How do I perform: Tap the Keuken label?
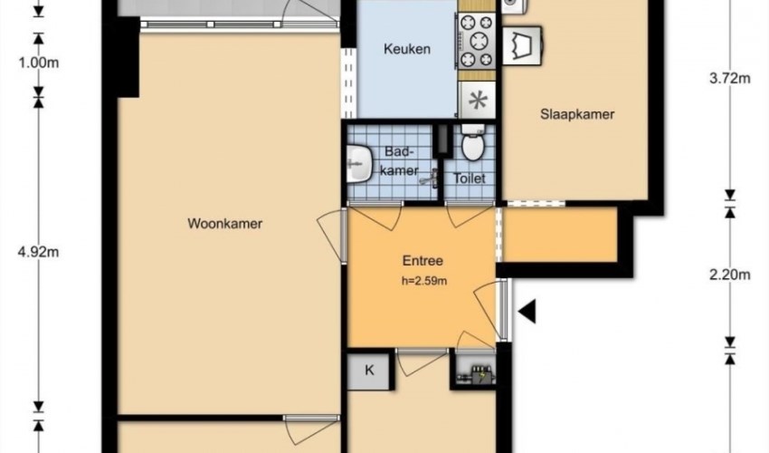pyautogui.click(x=406, y=49)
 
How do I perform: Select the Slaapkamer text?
pyautogui.click(x=577, y=114)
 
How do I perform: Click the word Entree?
pyautogui.click(x=422, y=261)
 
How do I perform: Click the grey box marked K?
pyautogui.click(x=369, y=369)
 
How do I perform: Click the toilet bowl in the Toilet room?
pyautogui.click(x=471, y=145)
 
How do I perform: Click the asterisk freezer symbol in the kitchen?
pyautogui.click(x=478, y=100)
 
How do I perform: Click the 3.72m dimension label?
pyautogui.click(x=731, y=78)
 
